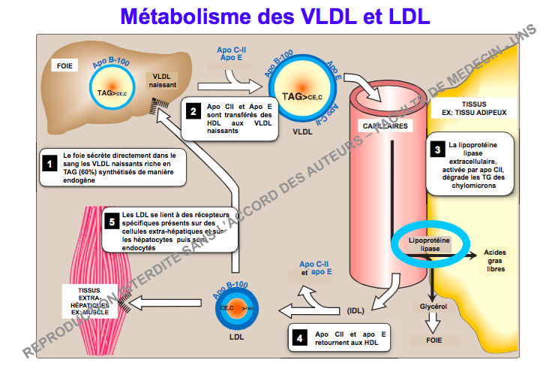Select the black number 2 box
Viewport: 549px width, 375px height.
(x=193, y=113)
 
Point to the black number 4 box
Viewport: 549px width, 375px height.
(x=300, y=337)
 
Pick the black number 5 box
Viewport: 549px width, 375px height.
(x=110, y=220)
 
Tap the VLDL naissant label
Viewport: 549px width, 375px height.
(x=163, y=81)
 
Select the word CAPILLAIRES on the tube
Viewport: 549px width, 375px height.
(x=384, y=126)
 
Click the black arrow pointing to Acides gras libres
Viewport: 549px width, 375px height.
(x=457, y=256)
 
